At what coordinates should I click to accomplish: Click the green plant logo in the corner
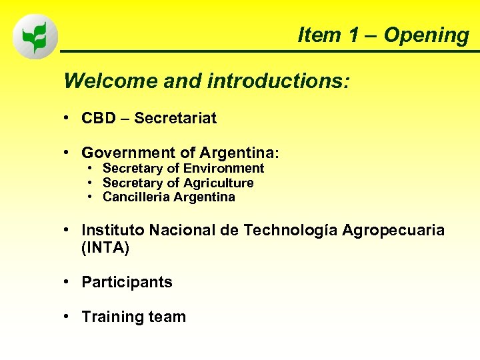(35, 37)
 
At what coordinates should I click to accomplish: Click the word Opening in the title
(426, 35)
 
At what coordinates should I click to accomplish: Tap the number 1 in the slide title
(353, 35)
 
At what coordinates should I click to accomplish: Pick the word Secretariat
(175, 119)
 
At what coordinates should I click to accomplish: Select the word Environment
(223, 169)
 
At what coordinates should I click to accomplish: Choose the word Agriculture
(219, 183)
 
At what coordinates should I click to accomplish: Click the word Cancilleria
(136, 197)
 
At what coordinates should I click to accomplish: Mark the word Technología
(291, 230)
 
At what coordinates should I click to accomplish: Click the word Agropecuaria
(393, 230)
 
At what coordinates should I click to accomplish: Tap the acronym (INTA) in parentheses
(105, 248)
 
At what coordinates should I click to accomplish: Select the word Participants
(127, 283)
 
